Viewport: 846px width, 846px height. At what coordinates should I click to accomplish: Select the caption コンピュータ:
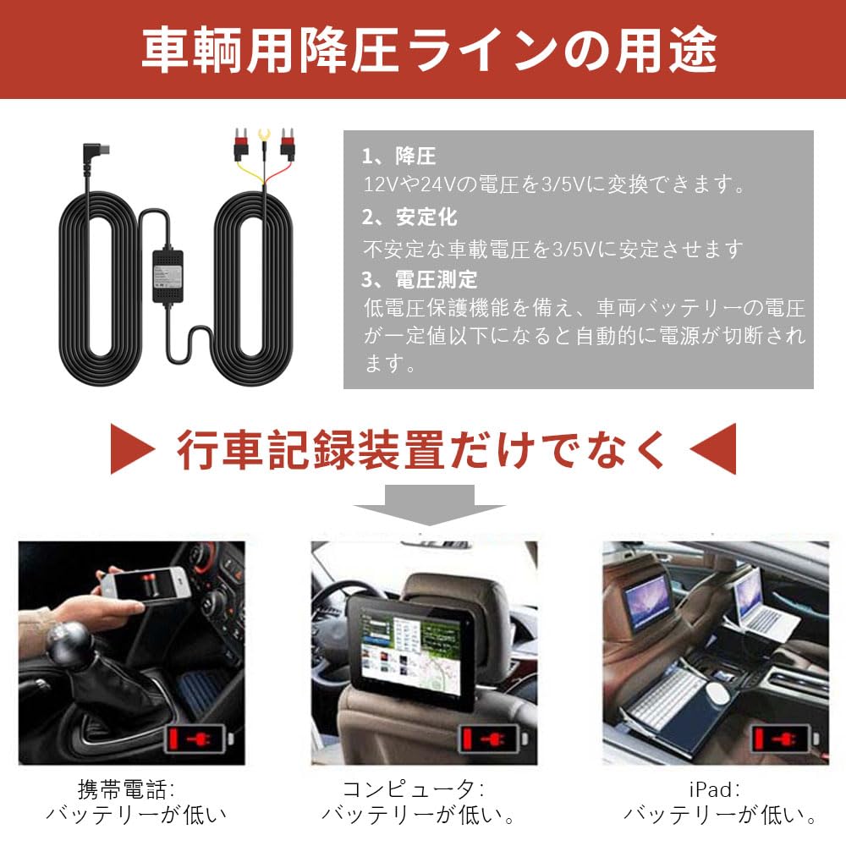click(414, 789)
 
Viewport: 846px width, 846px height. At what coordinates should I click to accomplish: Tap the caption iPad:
click(714, 789)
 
